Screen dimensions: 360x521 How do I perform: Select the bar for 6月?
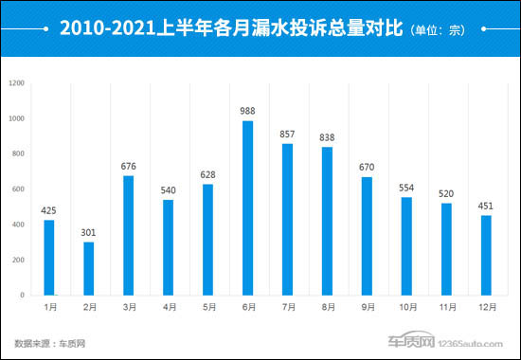pos(248,207)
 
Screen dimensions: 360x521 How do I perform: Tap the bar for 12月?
pos(486,255)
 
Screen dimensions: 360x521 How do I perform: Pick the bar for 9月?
pos(367,236)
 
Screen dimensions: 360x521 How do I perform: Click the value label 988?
pos(248,112)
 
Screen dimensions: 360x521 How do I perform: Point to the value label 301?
pos(88,233)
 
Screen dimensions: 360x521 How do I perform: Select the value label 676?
pos(129,167)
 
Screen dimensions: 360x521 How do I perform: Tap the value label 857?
pos(288,135)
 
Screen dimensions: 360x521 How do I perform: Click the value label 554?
pos(406,189)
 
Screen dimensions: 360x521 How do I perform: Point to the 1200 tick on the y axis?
pos(16,83)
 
